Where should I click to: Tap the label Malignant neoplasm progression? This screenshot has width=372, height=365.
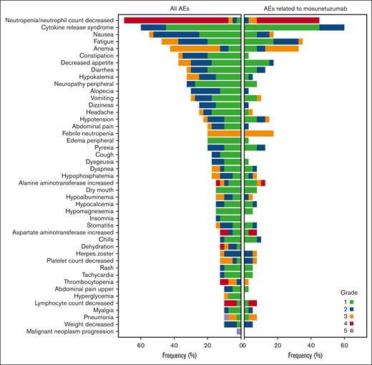pyautogui.click(x=64, y=332)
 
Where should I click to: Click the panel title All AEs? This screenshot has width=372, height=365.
pyautogui.click(x=179, y=8)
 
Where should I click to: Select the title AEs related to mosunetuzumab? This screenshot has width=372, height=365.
pyautogui.click(x=305, y=8)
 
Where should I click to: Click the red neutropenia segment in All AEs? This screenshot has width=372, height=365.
pyautogui.click(x=176, y=20)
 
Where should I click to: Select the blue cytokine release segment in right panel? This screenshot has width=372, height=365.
pyautogui.click(x=331, y=27)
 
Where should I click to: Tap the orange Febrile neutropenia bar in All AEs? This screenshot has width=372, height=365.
pyautogui.click(x=225, y=133)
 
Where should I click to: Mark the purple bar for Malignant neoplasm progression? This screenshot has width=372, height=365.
pyautogui.click(x=239, y=332)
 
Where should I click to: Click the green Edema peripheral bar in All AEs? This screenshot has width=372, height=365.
pyautogui.click(x=225, y=140)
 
